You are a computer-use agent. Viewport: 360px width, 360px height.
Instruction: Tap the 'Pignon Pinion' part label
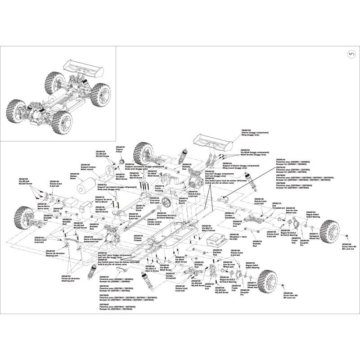(x=120, y=151)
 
